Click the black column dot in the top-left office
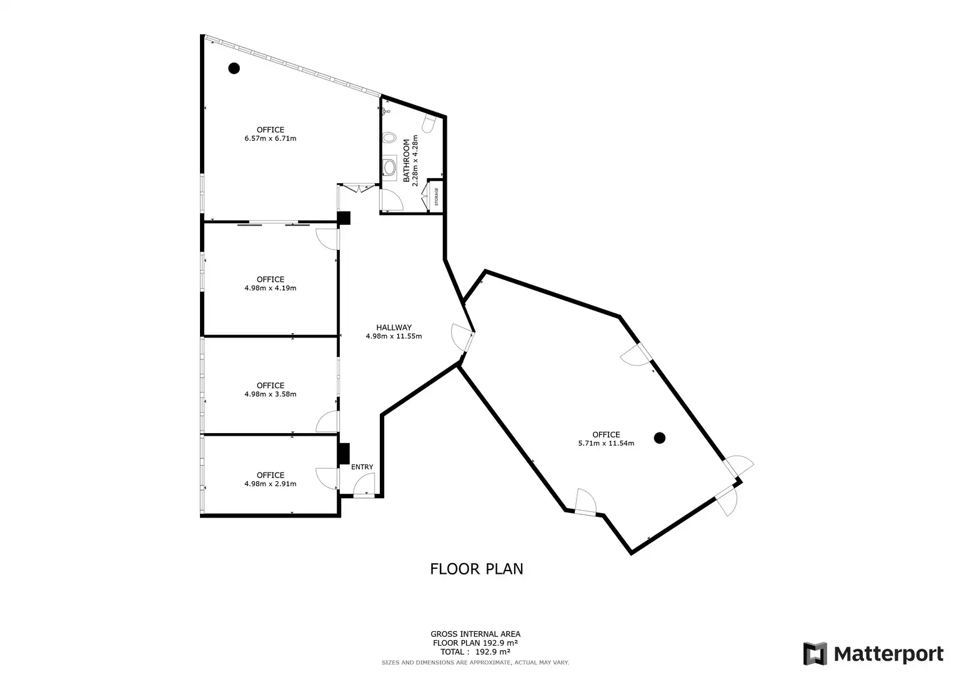click(234, 68)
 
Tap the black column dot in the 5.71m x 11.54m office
click(659, 437)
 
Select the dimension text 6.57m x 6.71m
click(271, 138)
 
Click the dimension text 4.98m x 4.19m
click(271, 287)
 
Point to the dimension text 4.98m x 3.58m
click(271, 394)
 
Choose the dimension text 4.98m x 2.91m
click(271, 484)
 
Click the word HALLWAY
click(394, 327)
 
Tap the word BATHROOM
click(406, 160)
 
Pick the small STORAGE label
click(436, 196)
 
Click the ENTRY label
click(362, 467)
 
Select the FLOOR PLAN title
click(477, 569)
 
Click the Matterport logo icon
click(815, 653)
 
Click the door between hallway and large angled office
click(464, 339)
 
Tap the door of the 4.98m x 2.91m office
click(327, 479)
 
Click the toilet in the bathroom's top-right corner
click(429, 122)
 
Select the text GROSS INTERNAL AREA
click(475, 634)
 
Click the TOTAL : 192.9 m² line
click(475, 651)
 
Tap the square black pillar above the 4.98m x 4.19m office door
click(344, 218)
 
